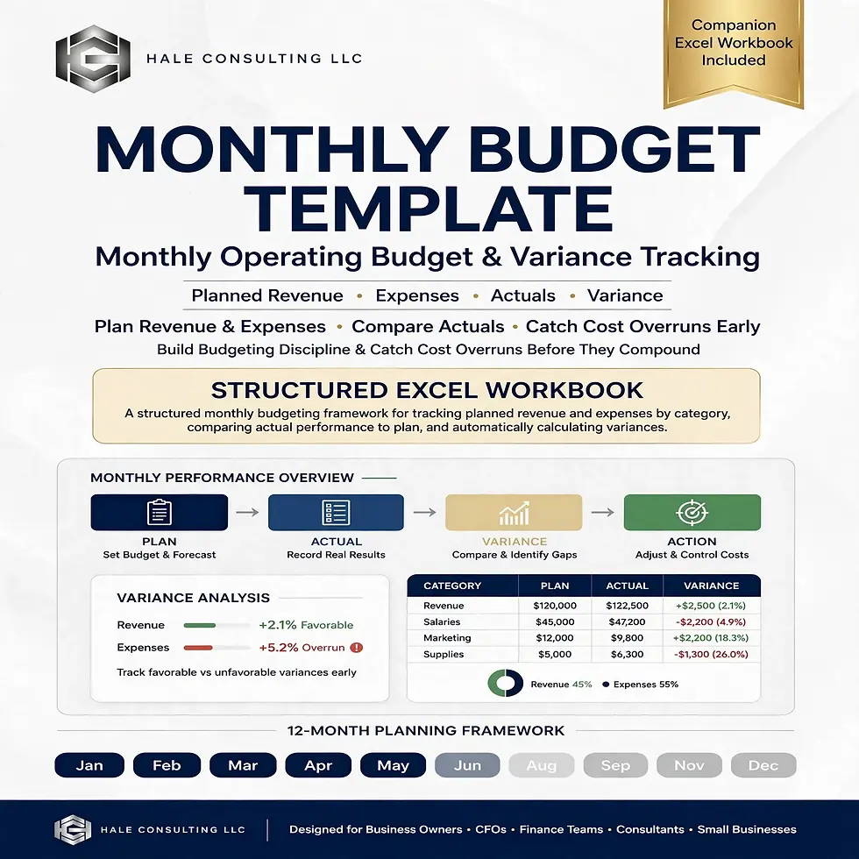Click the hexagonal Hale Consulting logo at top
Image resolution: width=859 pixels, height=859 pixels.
[x=93, y=59]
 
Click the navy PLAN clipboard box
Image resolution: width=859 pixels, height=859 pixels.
[x=159, y=512]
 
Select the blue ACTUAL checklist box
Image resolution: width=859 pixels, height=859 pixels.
[x=336, y=512]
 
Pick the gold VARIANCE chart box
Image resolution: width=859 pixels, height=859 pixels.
[x=514, y=512]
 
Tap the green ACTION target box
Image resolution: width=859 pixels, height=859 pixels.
[x=692, y=512]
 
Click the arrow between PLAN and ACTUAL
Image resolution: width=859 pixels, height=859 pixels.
[x=247, y=512]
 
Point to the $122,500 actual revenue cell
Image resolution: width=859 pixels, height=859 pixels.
[x=627, y=606]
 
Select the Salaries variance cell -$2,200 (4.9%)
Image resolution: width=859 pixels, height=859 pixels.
[x=711, y=621]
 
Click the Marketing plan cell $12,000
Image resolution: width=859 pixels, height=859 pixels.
[x=554, y=638]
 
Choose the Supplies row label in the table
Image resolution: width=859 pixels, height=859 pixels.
[x=444, y=654]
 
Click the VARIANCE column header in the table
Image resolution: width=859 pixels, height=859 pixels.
[x=711, y=586]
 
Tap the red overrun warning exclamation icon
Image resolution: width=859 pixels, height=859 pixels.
[x=356, y=648]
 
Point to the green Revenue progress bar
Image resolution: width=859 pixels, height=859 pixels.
[x=200, y=625]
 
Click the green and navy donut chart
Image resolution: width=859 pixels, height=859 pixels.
[x=505, y=684]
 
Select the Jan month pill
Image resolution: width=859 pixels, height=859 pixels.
[x=89, y=765]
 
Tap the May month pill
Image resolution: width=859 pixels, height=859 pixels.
[x=393, y=765]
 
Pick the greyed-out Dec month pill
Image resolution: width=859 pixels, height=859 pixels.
[x=763, y=765]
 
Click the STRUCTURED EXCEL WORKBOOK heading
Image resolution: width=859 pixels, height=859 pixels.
[x=427, y=390]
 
